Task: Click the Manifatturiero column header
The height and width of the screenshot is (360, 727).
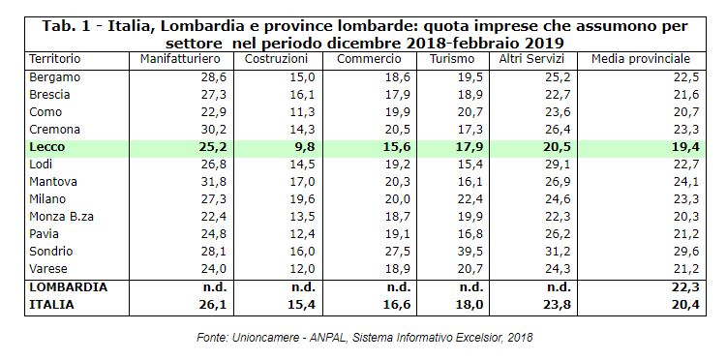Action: coord(180,59)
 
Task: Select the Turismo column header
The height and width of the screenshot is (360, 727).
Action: coord(452,59)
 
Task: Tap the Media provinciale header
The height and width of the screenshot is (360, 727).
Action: coord(640,59)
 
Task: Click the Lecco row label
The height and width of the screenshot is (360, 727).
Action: coord(46,147)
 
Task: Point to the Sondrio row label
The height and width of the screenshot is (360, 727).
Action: coord(51,252)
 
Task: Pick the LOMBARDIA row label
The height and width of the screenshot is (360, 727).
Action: coord(68,287)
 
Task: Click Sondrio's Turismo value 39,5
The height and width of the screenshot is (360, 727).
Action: coord(471,252)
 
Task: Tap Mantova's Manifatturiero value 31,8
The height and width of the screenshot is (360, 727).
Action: coord(215,182)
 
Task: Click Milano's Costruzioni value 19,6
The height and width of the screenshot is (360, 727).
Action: coord(303,199)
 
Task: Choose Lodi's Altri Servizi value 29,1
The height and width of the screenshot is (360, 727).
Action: coord(558,165)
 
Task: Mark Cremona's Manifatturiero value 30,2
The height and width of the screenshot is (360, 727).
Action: coord(215,130)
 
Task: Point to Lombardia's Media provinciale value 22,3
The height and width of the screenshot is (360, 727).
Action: coord(686,287)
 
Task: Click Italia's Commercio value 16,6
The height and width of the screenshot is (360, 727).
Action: coord(398,305)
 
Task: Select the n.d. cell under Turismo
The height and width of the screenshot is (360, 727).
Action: coord(471,287)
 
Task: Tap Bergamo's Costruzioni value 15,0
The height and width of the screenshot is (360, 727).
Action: coord(303,77)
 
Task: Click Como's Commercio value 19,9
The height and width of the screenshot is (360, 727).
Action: coord(398,112)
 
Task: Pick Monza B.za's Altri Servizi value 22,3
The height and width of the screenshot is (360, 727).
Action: coord(558,217)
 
